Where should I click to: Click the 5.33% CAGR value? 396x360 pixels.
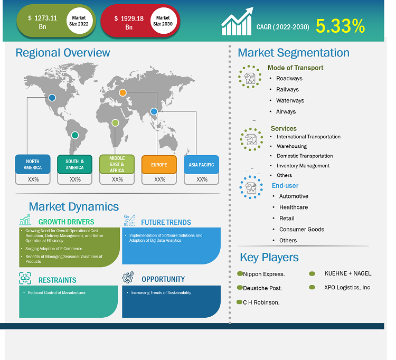pyautogui.click(x=340, y=26)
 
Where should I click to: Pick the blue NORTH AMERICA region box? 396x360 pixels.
pyautogui.click(x=32, y=164)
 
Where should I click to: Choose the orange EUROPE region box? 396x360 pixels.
pyautogui.click(x=159, y=165)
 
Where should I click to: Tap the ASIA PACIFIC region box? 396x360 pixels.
pyautogui.click(x=201, y=165)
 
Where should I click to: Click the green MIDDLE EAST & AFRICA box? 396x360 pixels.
pyautogui.click(x=117, y=164)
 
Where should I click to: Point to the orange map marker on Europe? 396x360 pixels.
pyautogui.click(x=122, y=93)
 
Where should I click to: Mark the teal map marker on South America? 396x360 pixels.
pyautogui.click(x=75, y=135)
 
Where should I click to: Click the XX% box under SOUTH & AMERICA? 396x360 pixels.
pyautogui.click(x=75, y=179)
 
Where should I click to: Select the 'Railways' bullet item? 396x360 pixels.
pyautogui.click(x=287, y=90)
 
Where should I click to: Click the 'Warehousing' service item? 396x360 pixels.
pyautogui.click(x=291, y=146)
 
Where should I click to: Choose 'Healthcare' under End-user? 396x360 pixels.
pyautogui.click(x=294, y=207)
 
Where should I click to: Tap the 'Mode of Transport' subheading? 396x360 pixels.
pyautogui.click(x=295, y=68)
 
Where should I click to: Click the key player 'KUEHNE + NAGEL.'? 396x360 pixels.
pyautogui.click(x=348, y=273)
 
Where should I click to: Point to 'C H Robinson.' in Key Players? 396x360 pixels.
pyautogui.click(x=261, y=302)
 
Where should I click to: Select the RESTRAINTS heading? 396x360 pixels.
pyautogui.click(x=57, y=280)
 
